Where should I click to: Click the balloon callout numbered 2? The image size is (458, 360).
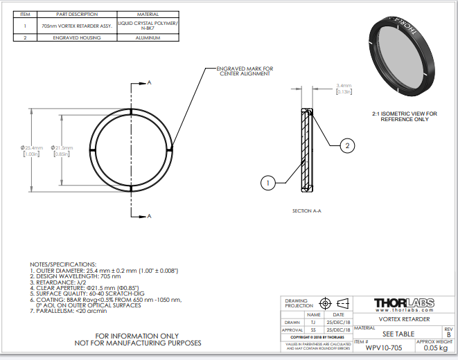348,145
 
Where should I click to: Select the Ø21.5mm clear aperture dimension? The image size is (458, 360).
65,148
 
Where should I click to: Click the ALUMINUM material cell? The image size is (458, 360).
147,37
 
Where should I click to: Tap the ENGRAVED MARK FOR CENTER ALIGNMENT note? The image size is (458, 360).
245,71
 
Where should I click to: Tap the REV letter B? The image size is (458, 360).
448,334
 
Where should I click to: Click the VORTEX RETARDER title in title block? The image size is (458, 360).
404,319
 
